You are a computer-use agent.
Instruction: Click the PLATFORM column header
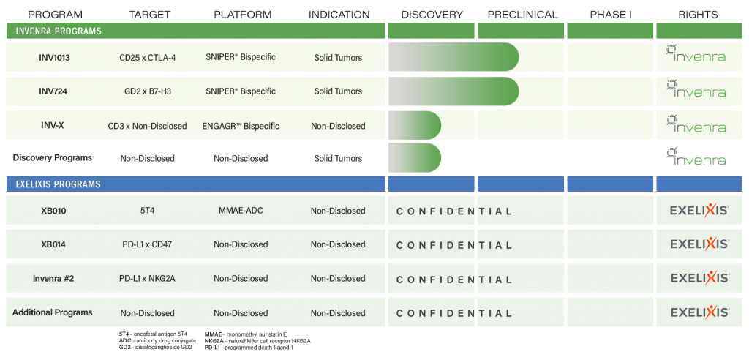(x=243, y=15)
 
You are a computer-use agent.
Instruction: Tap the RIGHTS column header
(x=698, y=15)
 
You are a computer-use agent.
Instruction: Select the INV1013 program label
(x=54, y=57)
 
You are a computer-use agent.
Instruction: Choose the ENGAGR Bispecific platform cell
(x=241, y=126)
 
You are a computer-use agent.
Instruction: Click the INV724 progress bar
(x=453, y=91)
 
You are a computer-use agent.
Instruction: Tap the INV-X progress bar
(x=415, y=125)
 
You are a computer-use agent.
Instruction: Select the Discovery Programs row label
(x=53, y=157)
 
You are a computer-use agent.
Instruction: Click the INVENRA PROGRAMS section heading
(x=59, y=31)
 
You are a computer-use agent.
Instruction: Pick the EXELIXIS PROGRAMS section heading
(x=59, y=184)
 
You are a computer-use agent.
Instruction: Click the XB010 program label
(x=53, y=210)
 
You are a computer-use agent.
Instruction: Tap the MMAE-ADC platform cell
(x=241, y=210)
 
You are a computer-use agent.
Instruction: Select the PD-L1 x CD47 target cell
(x=147, y=245)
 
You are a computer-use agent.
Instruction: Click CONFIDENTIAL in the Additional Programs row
(x=453, y=314)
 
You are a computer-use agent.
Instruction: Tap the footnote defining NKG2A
(x=257, y=340)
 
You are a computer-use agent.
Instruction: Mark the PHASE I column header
(x=611, y=15)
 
